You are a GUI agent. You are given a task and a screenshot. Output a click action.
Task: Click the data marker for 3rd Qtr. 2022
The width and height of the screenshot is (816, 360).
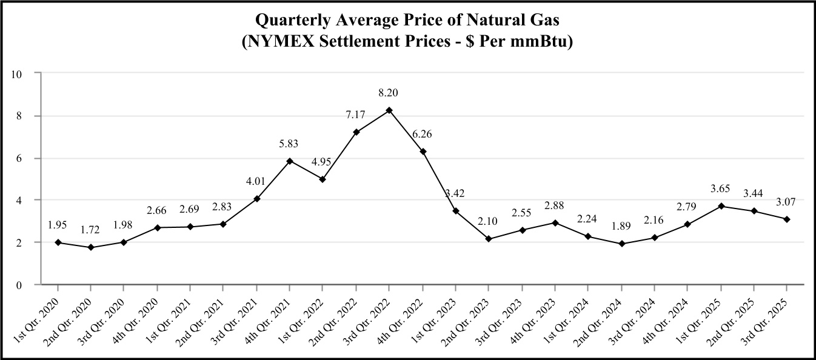click(x=389, y=110)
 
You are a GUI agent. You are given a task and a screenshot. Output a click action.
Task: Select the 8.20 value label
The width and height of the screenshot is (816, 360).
click(x=389, y=93)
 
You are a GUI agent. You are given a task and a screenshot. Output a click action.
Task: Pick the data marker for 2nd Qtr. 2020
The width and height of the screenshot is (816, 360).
click(x=91, y=247)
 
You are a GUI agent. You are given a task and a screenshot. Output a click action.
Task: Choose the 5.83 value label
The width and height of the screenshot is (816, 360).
click(x=290, y=143)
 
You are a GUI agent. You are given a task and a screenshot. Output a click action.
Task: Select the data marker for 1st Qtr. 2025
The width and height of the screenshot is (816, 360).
click(x=721, y=206)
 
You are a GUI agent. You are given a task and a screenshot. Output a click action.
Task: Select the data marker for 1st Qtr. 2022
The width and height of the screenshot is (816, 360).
click(x=323, y=179)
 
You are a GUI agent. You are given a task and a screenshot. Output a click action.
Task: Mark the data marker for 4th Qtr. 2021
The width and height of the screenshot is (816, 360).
click(x=290, y=161)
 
